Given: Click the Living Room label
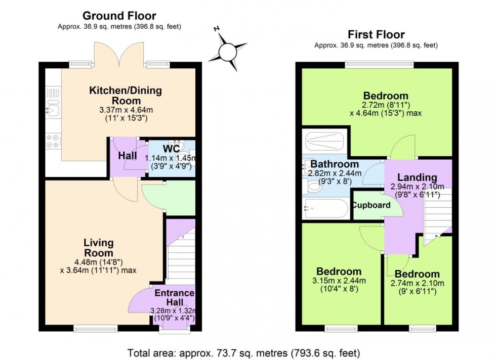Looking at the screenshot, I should click(99, 248).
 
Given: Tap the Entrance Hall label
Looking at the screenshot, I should click(174, 298).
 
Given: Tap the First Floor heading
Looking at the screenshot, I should click(376, 34).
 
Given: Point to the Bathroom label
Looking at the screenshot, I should click(335, 164).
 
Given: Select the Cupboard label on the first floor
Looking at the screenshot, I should click(371, 205).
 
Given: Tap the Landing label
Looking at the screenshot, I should click(417, 177).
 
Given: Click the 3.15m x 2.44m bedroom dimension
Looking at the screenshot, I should click(336, 281).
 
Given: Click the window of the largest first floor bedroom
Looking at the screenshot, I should click(379, 65).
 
